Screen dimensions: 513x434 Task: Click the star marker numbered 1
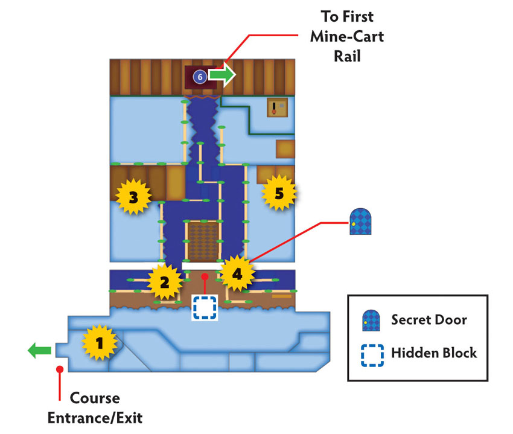click(100, 342)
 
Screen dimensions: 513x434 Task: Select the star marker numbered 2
click(165, 282)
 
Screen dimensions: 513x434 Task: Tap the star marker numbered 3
click(133, 196)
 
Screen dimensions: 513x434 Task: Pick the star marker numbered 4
click(237, 273)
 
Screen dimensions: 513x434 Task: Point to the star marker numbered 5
click(279, 193)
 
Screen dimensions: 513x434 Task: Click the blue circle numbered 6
click(200, 77)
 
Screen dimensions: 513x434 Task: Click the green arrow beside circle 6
click(222, 75)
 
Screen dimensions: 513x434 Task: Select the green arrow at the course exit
click(40, 351)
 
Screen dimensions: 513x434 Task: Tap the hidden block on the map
click(205, 307)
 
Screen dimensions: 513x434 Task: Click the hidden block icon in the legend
click(372, 356)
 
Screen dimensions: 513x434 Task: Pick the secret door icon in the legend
click(371, 321)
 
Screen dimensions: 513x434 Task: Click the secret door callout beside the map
click(360, 222)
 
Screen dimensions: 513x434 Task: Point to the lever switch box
click(278, 107)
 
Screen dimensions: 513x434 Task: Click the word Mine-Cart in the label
click(347, 36)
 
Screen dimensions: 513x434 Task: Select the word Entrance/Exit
click(95, 418)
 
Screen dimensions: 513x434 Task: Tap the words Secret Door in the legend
click(429, 320)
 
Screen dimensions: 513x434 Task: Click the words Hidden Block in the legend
click(434, 353)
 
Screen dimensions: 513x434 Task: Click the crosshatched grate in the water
click(203, 241)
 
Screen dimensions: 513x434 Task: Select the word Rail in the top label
click(347, 56)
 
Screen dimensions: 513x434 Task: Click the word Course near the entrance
click(95, 398)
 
